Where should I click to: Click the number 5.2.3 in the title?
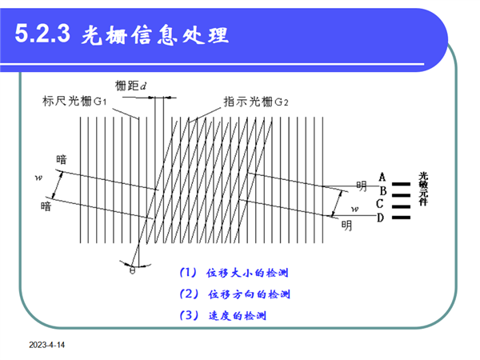[x=42, y=33]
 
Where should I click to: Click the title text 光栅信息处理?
[x=154, y=35]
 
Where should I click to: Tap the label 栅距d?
[x=130, y=86]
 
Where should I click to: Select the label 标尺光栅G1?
[x=74, y=101]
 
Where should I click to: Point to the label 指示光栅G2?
[x=256, y=102]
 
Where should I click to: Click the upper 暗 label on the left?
[x=62, y=159]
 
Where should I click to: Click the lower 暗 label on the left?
[x=46, y=206]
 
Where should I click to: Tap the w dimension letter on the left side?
[x=38, y=178]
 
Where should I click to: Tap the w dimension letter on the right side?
[x=354, y=209]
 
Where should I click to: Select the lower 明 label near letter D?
[x=346, y=226]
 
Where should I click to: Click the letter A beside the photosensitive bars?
[x=382, y=178]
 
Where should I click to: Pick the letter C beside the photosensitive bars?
[x=379, y=203]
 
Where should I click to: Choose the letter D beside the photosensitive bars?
[x=380, y=218]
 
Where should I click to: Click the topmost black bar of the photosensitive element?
[x=401, y=184]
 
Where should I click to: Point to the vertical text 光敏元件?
[x=423, y=189]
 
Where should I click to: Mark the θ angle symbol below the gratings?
[x=132, y=270]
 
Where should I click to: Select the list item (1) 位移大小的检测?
[x=234, y=273]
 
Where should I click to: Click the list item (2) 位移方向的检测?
[x=234, y=294]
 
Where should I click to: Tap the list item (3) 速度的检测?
[x=223, y=315]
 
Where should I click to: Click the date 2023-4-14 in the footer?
[x=47, y=345]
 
